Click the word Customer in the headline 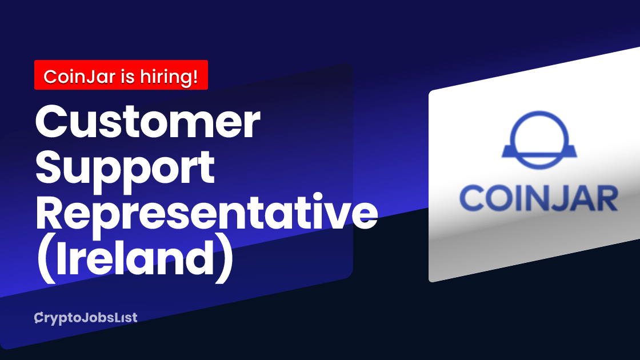pyautogui.click(x=148, y=122)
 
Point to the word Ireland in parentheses pyautogui.click(x=135, y=258)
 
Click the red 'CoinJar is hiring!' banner pyautogui.click(x=121, y=75)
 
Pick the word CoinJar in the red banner pyautogui.click(x=79, y=77)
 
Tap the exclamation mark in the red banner pyautogui.click(x=194, y=77)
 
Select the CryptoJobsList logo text pyautogui.click(x=86, y=318)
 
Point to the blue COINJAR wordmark pyautogui.click(x=539, y=198)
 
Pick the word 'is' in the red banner pyautogui.click(x=128, y=77)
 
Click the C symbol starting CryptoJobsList pyautogui.click(x=39, y=318)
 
